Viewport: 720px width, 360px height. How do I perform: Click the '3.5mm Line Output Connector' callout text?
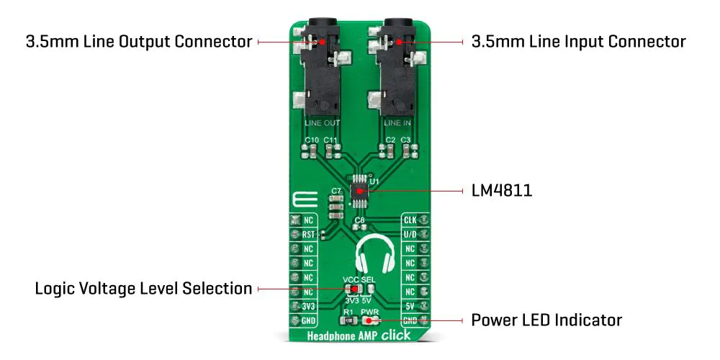[139, 42]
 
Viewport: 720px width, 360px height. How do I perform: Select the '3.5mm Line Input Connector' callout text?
[579, 42]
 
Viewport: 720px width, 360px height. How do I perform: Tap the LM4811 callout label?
[502, 191]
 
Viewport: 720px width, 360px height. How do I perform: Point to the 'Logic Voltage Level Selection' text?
[144, 289]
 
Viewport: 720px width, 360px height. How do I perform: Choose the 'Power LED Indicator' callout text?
[546, 320]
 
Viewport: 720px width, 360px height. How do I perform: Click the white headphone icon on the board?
[374, 255]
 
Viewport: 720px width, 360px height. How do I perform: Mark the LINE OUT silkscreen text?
[323, 123]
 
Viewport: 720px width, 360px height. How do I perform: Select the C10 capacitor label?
[311, 140]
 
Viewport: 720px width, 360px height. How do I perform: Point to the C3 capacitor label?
[405, 140]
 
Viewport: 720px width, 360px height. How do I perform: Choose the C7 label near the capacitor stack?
[336, 190]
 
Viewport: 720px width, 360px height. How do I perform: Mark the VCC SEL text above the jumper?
[359, 279]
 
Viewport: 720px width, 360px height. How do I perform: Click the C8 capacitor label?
[359, 220]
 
